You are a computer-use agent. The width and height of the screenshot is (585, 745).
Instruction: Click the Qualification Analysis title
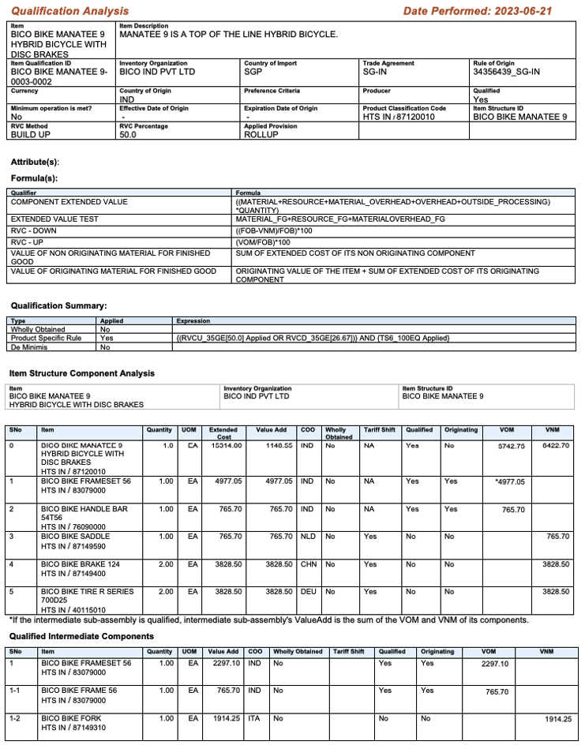69,11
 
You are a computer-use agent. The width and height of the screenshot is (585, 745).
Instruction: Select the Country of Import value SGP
254,71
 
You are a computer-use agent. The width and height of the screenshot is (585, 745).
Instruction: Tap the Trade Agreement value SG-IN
375,71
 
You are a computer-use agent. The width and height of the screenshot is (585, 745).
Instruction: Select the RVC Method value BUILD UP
36,135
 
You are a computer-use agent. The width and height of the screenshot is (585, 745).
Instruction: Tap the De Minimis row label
27,346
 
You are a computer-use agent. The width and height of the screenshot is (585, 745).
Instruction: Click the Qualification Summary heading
58,305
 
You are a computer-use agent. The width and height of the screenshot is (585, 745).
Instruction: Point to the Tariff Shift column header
380,430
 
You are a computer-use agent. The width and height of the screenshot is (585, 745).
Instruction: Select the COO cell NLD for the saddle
308,537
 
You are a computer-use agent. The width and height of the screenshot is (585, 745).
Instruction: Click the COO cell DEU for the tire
308,591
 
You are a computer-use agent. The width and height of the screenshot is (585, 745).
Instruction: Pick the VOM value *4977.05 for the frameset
509,481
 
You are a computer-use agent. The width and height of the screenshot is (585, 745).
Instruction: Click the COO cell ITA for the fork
254,719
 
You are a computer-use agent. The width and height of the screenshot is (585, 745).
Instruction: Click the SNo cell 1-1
15,691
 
